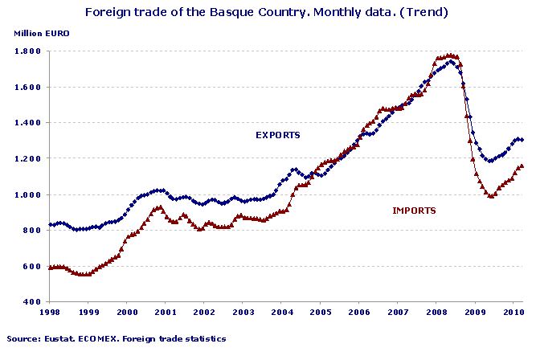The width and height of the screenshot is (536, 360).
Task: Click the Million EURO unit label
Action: pos(40,33)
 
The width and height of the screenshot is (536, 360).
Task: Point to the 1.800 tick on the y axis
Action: pos(29,51)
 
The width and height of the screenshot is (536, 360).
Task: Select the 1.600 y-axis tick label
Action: pos(29,87)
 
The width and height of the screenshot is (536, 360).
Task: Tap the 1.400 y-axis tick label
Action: pos(29,123)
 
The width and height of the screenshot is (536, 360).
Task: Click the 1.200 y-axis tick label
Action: pos(29,158)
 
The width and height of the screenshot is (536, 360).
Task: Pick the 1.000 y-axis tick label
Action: pos(29,194)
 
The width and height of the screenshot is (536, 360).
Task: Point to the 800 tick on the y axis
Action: pos(33,231)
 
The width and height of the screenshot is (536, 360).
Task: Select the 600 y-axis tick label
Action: pos(33,266)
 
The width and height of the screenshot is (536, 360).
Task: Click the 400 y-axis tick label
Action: pos(33,302)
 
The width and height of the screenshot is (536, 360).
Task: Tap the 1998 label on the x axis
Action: pos(50,312)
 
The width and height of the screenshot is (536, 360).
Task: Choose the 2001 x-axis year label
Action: pos(166,312)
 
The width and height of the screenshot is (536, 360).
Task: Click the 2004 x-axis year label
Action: pos(281,312)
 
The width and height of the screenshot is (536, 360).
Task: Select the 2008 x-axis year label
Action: pos(436,312)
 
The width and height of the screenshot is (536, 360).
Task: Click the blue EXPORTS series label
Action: pos(277,135)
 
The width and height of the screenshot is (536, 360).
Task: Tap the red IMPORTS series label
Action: pos(414,211)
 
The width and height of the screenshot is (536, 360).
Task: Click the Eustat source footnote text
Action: pos(117,339)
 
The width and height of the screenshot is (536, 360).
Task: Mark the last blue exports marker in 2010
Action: pos(522,140)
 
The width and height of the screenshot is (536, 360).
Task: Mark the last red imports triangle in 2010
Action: pos(522,166)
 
